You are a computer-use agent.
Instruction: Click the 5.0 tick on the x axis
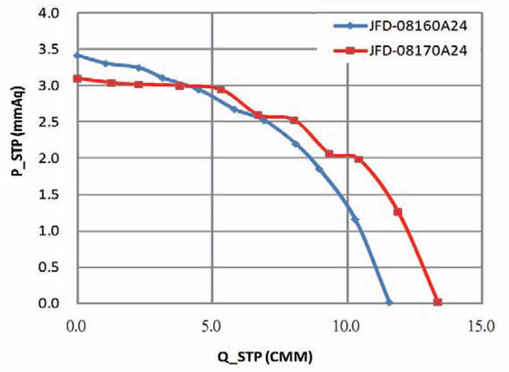click(x=212, y=327)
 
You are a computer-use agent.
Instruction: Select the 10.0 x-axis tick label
click(x=347, y=327)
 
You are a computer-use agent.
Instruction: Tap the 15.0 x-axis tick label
click(x=482, y=327)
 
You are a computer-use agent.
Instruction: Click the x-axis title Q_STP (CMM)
click(x=275, y=354)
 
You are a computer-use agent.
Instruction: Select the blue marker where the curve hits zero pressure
click(x=389, y=303)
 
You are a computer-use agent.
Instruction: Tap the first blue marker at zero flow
click(x=77, y=55)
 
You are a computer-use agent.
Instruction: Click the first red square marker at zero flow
click(x=77, y=78)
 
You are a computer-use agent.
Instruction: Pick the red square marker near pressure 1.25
click(x=398, y=212)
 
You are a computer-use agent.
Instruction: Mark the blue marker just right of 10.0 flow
click(x=355, y=220)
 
